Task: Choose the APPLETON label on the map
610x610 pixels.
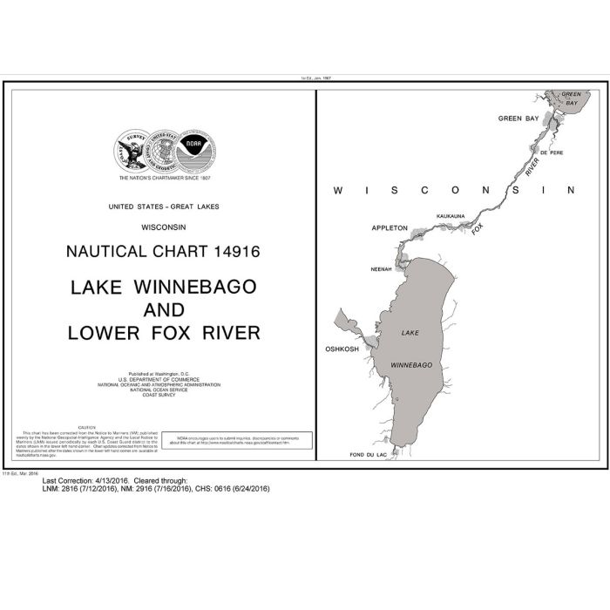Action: pos(389,227)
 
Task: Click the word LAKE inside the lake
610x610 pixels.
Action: pos(410,333)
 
